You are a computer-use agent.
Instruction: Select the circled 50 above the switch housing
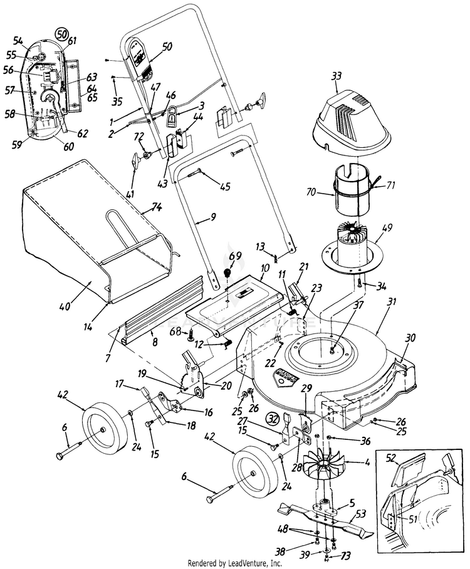pyautogui.click(x=61, y=33)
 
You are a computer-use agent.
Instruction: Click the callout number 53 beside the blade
pyautogui.click(x=360, y=514)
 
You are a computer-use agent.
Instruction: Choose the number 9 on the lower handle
pyautogui.click(x=213, y=217)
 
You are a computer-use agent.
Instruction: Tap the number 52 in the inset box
pyautogui.click(x=390, y=458)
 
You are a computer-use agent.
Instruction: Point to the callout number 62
pyautogui.click(x=82, y=133)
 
